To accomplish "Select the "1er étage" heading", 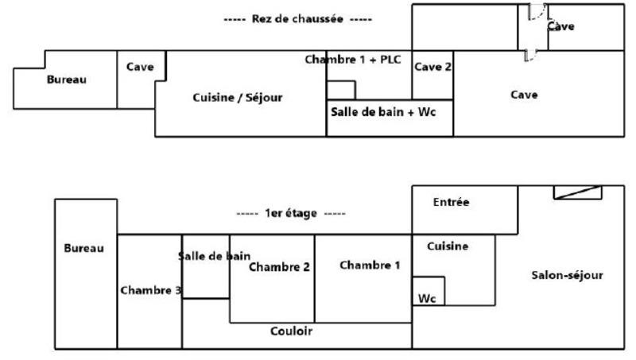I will pos(292,213).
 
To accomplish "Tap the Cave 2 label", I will pos(432,68).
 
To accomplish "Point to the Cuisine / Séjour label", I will pos(238,98).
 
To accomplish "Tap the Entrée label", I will pos(451,203).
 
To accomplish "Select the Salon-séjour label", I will pos(567,276).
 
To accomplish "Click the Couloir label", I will pos(291,331).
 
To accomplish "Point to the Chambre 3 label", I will pos(149,289).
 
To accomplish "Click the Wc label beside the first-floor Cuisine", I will pos(427,298).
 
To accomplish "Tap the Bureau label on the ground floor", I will pos(66,79).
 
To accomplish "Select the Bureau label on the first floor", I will pos(83,248).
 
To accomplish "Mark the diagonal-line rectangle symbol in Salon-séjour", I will pos(577,192).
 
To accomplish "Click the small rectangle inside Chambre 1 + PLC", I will pos(341,90).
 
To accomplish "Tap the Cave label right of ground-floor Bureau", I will pos(140,67).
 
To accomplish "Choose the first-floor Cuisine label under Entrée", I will pos(448,246).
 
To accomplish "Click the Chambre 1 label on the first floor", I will pos(370,265).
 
